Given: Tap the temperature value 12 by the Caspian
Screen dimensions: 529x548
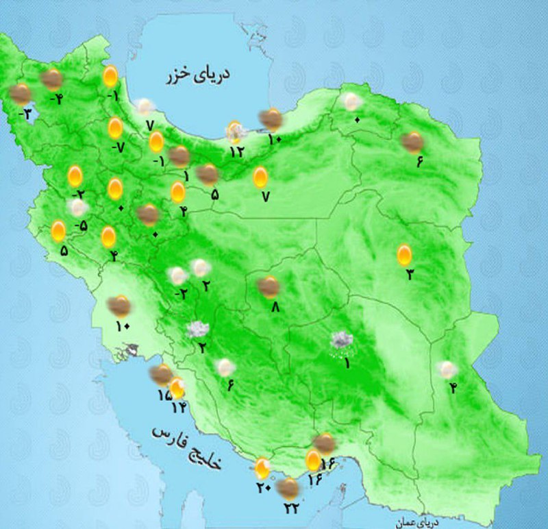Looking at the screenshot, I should coord(236,151).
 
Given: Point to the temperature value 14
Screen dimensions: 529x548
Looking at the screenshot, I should coord(179,407).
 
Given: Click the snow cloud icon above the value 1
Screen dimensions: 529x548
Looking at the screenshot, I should coord(340,340).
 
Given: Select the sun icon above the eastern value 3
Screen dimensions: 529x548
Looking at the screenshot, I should coord(405,256).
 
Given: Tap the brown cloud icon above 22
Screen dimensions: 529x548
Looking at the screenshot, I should coord(290,488).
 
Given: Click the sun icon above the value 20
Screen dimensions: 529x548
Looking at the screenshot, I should coord(262,469).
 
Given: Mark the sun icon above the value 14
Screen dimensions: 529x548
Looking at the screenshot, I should coord(177,388).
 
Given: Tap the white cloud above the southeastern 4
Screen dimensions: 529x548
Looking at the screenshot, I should coord(447,370).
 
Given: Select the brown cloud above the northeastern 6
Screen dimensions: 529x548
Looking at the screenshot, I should coord(412,143).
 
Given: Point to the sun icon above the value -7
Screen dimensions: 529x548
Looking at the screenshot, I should coord(115,128).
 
